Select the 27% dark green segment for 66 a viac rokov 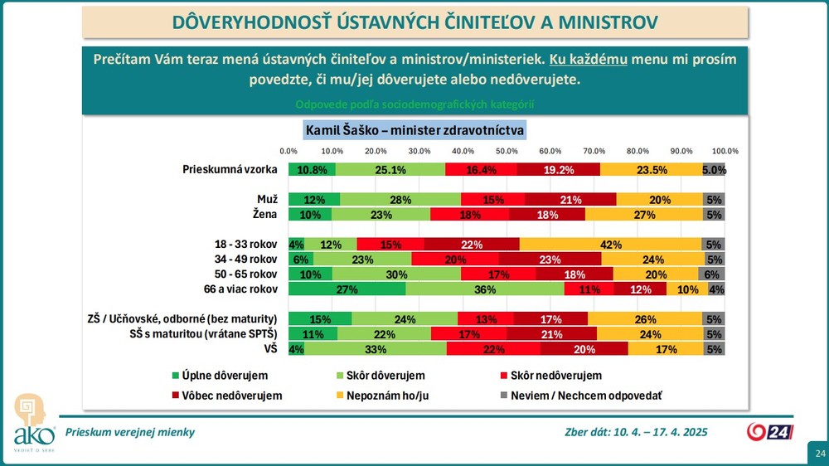click(x=347, y=289)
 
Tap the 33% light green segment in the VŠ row click(x=376, y=349)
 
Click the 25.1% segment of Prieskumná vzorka click(x=390, y=170)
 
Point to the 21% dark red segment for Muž click(x=570, y=199)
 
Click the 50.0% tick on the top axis click(x=507, y=151)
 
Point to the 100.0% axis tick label click(x=725, y=151)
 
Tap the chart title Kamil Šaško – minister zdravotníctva click(x=414, y=130)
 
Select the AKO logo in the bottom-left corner click(x=34, y=423)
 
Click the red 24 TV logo click(x=769, y=431)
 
